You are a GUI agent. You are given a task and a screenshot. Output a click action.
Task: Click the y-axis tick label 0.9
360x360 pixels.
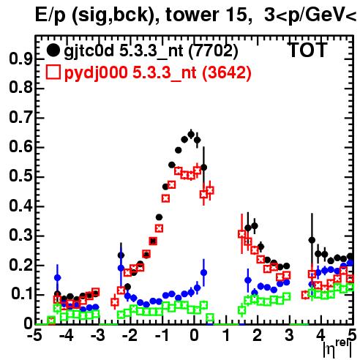[x=20, y=59]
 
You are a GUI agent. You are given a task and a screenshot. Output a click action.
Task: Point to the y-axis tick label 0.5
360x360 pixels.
[x=20, y=177]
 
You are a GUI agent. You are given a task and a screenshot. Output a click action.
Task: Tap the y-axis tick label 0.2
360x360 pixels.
[x=20, y=265]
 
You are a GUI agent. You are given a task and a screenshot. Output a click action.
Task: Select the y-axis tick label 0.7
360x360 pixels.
[x=20, y=118]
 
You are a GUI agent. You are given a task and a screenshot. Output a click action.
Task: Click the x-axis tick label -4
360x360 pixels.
[x=67, y=336]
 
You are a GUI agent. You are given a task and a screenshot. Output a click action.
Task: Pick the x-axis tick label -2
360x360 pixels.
[x=130, y=336]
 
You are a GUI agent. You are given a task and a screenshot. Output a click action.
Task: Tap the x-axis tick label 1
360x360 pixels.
[x=226, y=336]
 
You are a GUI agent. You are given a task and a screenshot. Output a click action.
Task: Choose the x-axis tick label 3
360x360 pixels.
[x=289, y=336]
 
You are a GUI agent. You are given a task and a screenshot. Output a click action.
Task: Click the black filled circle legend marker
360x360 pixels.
[x=53, y=50]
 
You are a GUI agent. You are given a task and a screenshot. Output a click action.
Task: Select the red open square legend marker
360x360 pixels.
[x=53, y=72]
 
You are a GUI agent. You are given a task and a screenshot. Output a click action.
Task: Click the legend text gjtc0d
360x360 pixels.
[x=89, y=51]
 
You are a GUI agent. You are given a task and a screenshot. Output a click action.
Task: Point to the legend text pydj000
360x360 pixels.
[x=96, y=73]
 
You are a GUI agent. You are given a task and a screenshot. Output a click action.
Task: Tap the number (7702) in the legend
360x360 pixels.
[x=213, y=51]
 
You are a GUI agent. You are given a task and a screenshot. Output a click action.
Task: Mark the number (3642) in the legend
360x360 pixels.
[x=226, y=73]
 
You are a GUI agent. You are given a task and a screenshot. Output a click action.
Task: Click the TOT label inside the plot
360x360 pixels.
[x=308, y=50]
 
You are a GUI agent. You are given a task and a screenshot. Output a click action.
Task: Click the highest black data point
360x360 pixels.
[x=191, y=134]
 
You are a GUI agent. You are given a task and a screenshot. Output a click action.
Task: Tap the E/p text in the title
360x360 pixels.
[x=50, y=15]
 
